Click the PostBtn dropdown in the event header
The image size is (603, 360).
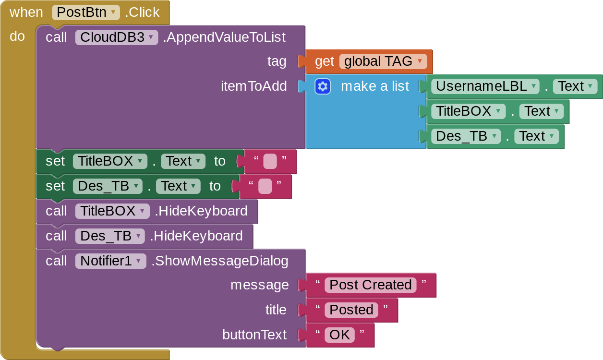click(86, 12)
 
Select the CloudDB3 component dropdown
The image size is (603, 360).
click(116, 37)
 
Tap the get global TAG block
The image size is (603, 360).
click(368, 61)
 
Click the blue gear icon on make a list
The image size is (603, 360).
click(323, 86)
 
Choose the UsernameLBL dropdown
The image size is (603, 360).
click(486, 86)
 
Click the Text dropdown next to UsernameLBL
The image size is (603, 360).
click(575, 86)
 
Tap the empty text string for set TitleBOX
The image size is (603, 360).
click(270, 161)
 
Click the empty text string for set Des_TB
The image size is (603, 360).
click(265, 186)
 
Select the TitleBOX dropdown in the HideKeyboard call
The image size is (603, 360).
click(112, 211)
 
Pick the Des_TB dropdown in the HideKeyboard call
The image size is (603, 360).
click(110, 236)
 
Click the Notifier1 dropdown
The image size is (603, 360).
click(110, 261)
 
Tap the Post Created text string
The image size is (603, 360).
click(370, 285)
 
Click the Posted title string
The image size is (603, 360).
click(351, 310)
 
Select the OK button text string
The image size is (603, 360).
click(339, 335)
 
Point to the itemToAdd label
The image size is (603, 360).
click(253, 86)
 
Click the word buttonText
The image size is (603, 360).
click(254, 335)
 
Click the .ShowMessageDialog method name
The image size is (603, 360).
click(220, 261)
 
